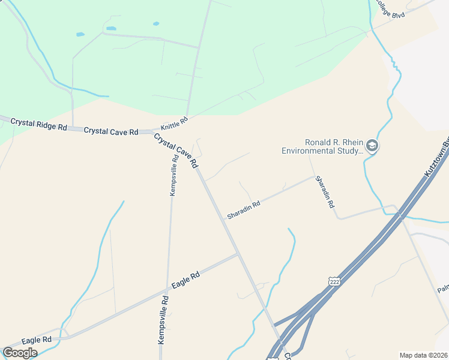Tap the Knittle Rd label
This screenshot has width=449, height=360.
click(174, 124)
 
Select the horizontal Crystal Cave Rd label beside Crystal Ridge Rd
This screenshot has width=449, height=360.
click(111, 131)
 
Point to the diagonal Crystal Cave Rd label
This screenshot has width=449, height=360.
click(176, 151)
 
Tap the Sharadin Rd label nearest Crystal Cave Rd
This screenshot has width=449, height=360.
click(244, 209)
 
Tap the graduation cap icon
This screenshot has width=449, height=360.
click(372, 146)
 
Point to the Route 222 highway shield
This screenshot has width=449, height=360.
click(334, 281)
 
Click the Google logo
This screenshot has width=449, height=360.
click(20, 352)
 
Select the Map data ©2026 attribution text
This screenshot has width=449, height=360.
click(424, 355)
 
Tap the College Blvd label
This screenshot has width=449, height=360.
click(391, 9)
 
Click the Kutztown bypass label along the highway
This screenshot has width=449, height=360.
click(437, 159)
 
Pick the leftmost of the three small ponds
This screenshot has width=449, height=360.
click(80, 35)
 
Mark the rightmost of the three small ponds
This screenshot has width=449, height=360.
click(156, 24)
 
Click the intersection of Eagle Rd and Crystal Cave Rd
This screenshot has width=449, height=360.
click(239, 254)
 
